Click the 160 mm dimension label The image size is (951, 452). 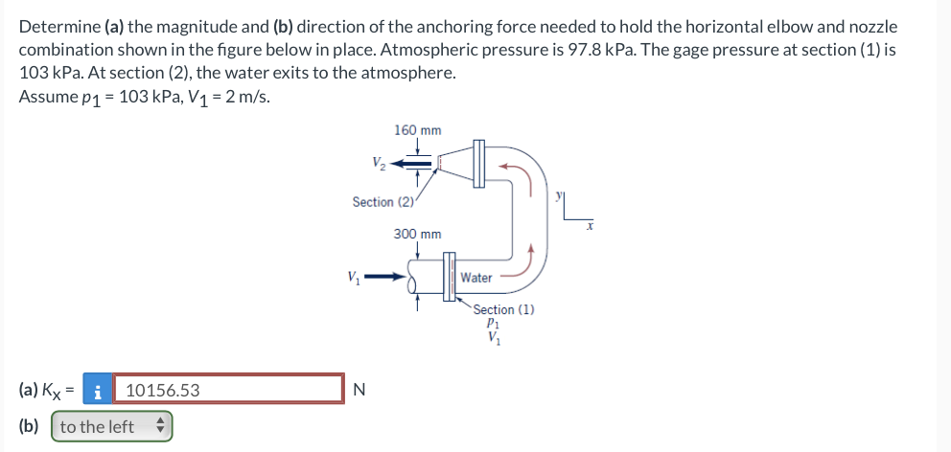tap(417, 130)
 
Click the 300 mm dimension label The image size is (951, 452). tap(417, 234)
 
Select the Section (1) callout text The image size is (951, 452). tap(503, 309)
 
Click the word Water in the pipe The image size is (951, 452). tap(476, 278)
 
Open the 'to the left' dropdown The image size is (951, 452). tap(111, 426)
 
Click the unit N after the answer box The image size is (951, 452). tap(360, 390)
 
